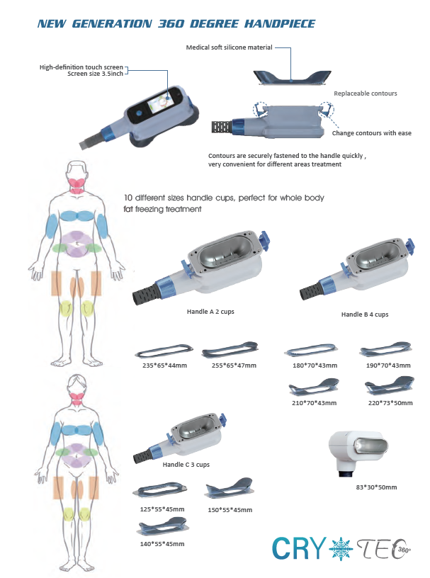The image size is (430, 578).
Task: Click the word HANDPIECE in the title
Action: tap(280, 24)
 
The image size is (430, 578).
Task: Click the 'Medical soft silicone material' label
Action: tap(229, 47)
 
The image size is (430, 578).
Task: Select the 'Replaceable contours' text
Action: tap(366, 93)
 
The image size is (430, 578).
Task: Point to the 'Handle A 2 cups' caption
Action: tap(210, 312)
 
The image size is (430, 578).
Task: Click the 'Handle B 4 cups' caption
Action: tap(365, 314)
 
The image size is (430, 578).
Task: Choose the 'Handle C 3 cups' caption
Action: tap(186, 465)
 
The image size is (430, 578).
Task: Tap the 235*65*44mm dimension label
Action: tap(164, 365)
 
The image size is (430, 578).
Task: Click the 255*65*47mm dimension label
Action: tap(234, 365)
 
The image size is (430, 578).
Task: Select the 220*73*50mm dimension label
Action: tap(390, 403)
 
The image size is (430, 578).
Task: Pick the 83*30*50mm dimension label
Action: tap(376, 487)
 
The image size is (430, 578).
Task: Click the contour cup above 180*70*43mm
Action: tap(311, 351)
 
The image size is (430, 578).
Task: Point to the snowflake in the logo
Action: tap(340, 548)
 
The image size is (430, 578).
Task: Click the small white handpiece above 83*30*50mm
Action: tap(358, 453)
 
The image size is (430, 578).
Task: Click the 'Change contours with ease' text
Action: tap(372, 133)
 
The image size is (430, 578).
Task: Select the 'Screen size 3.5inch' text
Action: tap(95, 74)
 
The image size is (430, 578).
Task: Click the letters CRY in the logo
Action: tap(299, 548)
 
